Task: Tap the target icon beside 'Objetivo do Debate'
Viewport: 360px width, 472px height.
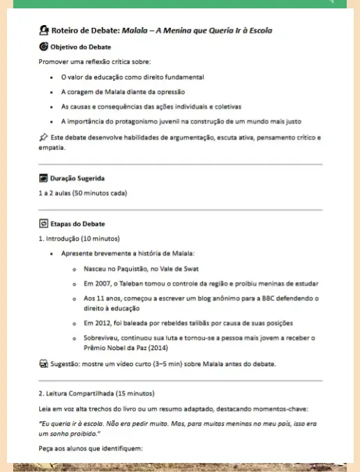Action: click(44, 47)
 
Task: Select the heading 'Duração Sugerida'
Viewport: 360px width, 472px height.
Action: click(79, 178)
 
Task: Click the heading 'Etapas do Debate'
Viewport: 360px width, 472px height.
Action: click(77, 224)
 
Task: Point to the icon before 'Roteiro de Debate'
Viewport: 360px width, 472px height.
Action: click(45, 31)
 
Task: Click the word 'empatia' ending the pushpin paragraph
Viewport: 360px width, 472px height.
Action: click(51, 148)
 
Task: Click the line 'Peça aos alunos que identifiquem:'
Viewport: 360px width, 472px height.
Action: click(91, 448)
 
